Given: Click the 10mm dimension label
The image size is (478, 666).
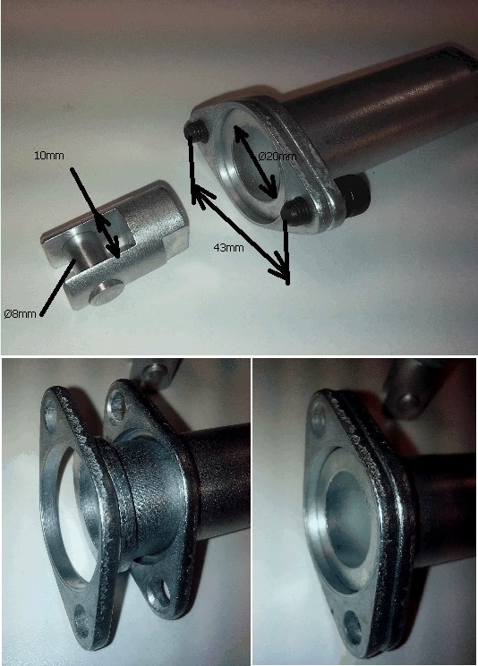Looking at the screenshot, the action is pos(49,156).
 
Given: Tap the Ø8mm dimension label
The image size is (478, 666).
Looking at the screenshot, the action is pos(20,314).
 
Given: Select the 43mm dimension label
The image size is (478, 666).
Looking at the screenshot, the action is pos(228,247).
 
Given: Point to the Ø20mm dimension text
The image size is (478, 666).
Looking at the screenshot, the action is pos(277,157).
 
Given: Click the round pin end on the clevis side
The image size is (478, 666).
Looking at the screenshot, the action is pos(107,293).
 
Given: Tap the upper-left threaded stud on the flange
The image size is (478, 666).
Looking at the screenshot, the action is pos(196,132).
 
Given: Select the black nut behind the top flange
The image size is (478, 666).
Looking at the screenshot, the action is pos(354,192).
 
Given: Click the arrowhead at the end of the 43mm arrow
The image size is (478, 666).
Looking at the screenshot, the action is pos(283,271).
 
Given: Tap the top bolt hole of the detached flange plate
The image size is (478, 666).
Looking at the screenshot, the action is pos(50,415).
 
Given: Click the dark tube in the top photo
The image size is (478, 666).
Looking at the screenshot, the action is pos(391,110).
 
